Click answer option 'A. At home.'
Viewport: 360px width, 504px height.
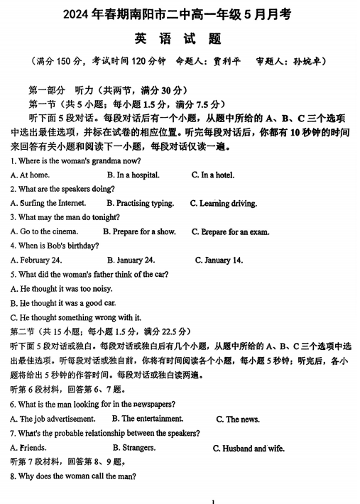tap(30, 175)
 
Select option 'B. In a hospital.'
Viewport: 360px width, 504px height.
tap(133, 175)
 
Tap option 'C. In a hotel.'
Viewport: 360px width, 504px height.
tap(213, 175)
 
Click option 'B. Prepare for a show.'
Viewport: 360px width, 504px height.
tap(139, 231)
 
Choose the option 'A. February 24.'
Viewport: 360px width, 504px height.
tap(36, 260)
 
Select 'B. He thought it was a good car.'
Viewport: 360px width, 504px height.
tap(63, 302)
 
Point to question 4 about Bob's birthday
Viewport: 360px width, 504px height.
tap(55, 246)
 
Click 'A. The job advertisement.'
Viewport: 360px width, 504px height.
tap(53, 419)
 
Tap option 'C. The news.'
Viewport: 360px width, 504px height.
tap(238, 420)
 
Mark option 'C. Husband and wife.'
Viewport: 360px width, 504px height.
tap(249, 449)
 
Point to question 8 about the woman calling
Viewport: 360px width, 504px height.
tap(73, 476)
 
